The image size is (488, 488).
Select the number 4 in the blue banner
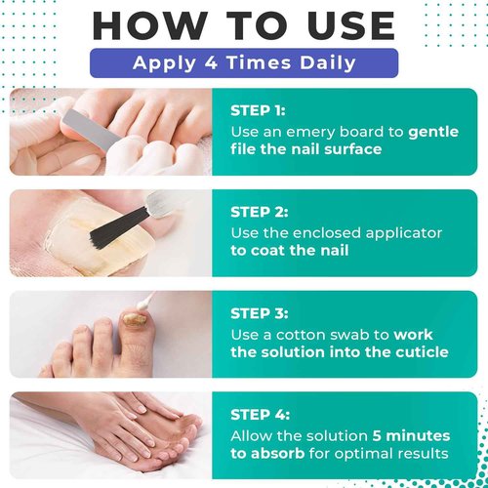pyautogui.click(x=211, y=62)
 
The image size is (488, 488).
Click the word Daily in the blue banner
pyautogui.click(x=328, y=63)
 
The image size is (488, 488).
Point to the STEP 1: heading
pyautogui.click(x=258, y=111)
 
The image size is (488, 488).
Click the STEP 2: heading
pyautogui.click(x=260, y=212)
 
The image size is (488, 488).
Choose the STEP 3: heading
pyautogui.click(x=260, y=313)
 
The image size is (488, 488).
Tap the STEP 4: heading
pyautogui.click(x=260, y=415)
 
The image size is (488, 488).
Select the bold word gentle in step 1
pyautogui.click(x=433, y=133)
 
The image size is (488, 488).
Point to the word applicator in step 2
pyautogui.click(x=403, y=234)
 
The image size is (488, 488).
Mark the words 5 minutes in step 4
pyautogui.click(x=411, y=436)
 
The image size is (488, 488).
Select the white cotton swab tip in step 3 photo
pyautogui.click(x=143, y=305)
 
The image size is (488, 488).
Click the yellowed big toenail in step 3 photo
pyautogui.click(x=134, y=318)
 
